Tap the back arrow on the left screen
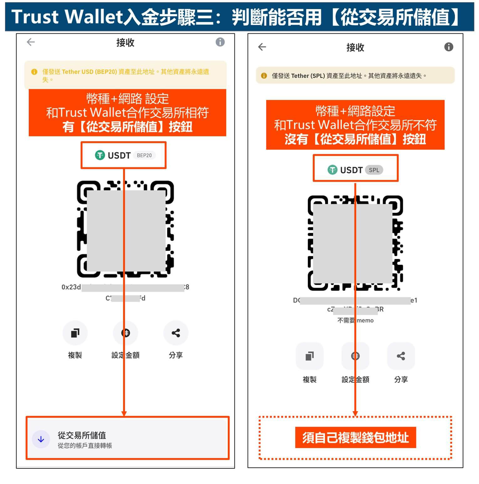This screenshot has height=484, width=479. (x=31, y=42)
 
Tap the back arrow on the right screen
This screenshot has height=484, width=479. (x=262, y=47)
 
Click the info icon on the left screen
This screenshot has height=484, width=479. (x=220, y=42)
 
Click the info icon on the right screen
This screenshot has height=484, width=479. (x=449, y=47)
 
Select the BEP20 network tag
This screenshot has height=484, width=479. (x=144, y=155)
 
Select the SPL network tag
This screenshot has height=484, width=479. (x=374, y=170)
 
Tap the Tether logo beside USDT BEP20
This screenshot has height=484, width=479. (x=100, y=155)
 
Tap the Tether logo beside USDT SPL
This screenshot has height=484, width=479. (x=332, y=170)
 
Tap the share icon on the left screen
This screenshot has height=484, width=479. (x=176, y=333)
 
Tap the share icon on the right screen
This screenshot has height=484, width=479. (x=401, y=356)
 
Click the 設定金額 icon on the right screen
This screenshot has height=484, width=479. (x=355, y=356)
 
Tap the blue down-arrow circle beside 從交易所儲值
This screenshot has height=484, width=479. (x=41, y=439)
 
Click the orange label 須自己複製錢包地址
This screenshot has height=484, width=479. (x=355, y=438)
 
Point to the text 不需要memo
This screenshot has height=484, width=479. (x=355, y=320)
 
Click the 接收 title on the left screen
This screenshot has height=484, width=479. (x=125, y=43)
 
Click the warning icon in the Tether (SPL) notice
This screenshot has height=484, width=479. (x=264, y=76)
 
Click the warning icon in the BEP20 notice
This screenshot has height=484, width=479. (x=34, y=72)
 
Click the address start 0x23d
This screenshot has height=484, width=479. (x=71, y=287)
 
